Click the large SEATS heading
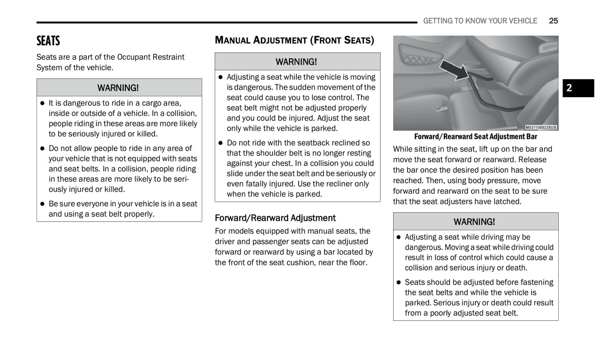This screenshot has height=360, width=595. point(48,41)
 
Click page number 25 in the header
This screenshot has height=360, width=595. point(553,21)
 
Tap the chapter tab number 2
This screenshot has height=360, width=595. point(569,88)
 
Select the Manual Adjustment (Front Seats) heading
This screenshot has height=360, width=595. point(294,40)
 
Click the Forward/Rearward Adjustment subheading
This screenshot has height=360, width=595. point(275,218)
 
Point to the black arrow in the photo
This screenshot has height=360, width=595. point(455,69)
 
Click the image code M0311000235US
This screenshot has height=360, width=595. point(541,127)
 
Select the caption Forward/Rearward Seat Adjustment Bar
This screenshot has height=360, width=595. point(476,137)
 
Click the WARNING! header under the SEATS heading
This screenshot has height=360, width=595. point(118,88)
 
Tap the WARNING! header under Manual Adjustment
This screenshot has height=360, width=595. point(296,62)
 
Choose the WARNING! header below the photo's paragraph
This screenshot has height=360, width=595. point(474,222)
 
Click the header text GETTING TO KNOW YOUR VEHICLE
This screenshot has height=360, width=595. point(480,21)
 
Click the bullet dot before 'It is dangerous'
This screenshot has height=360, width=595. point(42,103)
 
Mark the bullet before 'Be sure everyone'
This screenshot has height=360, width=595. point(42,204)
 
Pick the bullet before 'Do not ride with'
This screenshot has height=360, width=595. point(220,143)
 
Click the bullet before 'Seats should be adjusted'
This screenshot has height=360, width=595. point(399,282)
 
